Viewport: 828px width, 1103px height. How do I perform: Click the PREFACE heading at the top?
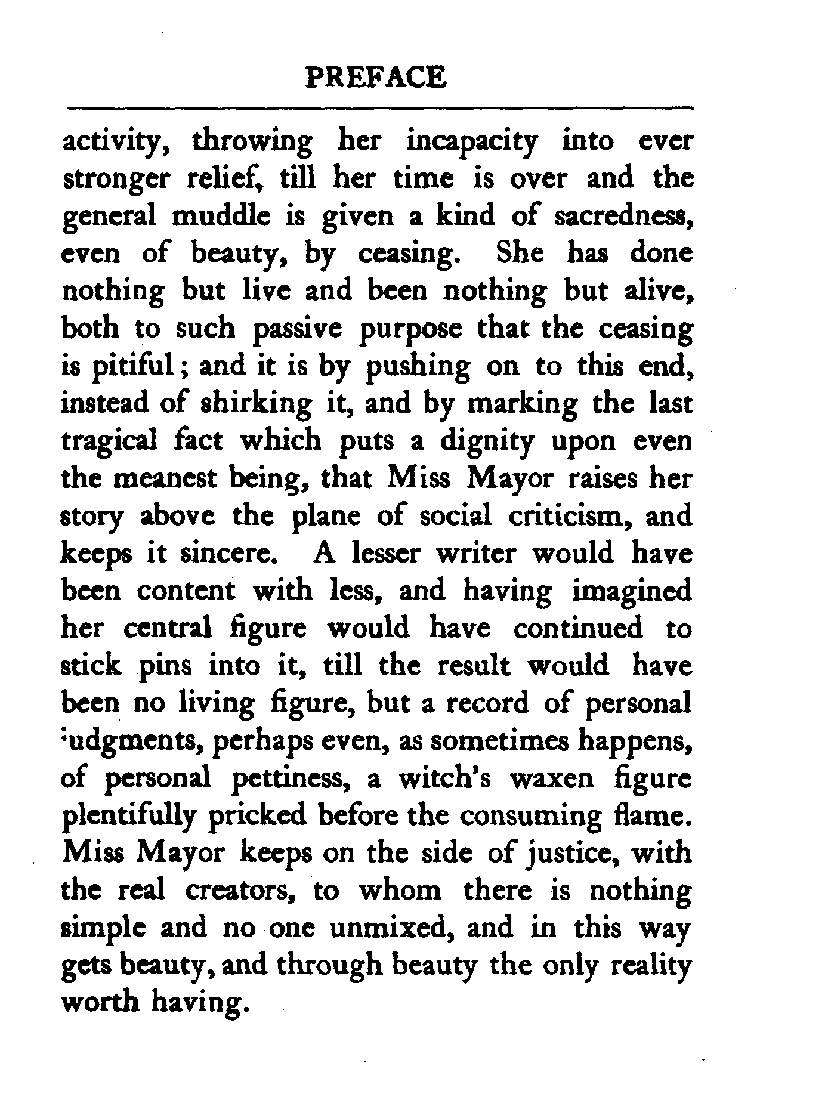click(375, 78)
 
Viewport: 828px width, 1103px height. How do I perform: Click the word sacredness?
click(623, 217)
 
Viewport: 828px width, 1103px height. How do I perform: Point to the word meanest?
click(166, 479)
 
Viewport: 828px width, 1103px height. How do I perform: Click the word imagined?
click(632, 592)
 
